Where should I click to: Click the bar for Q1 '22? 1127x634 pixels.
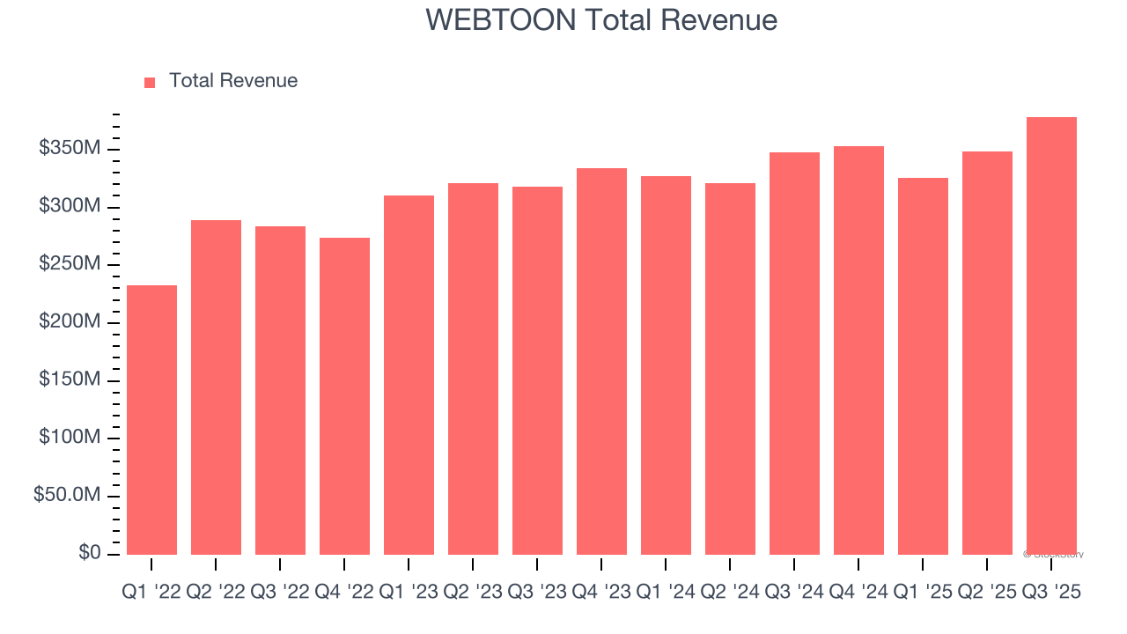151,420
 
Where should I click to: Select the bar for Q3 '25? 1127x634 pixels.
1051,335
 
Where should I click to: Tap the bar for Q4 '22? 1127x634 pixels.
344,396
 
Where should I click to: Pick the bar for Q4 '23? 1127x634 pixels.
601,361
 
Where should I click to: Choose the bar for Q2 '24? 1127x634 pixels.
730,369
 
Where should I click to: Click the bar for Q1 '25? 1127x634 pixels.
923,366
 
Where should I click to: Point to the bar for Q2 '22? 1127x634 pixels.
216,387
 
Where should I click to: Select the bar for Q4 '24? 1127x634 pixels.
858,350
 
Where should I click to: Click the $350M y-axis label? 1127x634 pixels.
70,149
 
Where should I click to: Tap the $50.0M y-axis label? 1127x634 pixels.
67,496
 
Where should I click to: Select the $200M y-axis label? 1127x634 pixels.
70,322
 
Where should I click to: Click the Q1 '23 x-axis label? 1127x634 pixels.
409,593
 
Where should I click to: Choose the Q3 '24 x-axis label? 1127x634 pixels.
794,593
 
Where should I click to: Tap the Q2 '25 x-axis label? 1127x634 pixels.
987,593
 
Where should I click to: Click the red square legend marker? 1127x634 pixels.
150,82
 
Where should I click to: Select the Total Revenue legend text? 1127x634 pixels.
233,81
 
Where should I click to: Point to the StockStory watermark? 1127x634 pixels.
1053,555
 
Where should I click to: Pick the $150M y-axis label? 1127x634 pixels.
70,380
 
